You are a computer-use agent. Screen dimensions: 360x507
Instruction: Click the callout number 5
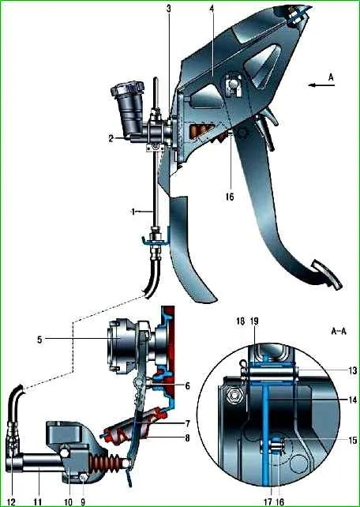tap(39, 340)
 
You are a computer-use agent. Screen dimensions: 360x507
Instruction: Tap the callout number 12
tap(11, 501)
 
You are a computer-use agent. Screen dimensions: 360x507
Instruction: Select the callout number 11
tap(38, 501)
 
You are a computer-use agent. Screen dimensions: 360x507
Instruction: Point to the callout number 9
tap(83, 501)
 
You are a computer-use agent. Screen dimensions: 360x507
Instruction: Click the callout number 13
tap(353, 370)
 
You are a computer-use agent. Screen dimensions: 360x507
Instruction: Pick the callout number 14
tap(353, 400)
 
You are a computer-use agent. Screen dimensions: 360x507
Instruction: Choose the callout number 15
tap(353, 440)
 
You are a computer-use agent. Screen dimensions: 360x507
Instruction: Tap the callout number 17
tap(268, 501)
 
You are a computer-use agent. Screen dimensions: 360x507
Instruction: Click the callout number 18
tap(241, 321)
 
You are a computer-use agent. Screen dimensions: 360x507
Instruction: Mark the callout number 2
tap(111, 138)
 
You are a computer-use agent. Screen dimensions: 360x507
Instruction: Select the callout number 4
tap(212, 9)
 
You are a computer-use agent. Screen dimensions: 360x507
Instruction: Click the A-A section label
tap(339, 331)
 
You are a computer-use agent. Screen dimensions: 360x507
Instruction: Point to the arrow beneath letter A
tap(321, 85)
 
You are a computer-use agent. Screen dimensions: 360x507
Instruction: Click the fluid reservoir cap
tap(127, 88)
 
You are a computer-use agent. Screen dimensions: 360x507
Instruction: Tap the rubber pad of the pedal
tap(326, 275)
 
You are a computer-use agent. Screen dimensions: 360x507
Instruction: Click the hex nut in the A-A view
tap(234, 395)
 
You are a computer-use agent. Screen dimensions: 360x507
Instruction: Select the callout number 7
tap(187, 423)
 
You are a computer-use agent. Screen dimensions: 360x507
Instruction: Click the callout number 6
tap(187, 385)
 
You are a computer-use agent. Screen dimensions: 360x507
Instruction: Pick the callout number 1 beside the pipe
tap(133, 212)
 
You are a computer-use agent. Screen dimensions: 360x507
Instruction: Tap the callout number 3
tap(168, 9)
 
